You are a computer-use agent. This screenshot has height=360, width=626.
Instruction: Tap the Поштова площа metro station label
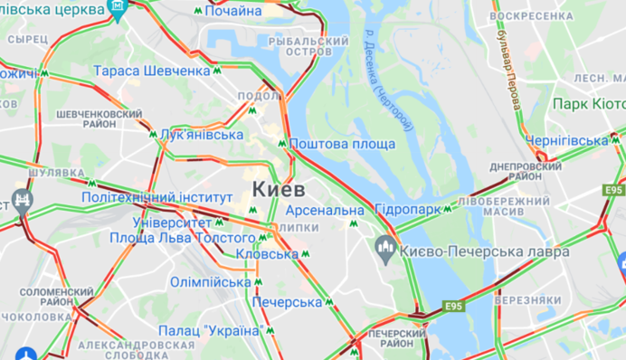[343, 144]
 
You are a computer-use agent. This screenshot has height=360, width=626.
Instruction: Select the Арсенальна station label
[325, 211]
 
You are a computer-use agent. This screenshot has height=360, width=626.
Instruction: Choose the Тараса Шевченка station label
[152, 71]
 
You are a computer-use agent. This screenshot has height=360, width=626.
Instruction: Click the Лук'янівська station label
[201, 135]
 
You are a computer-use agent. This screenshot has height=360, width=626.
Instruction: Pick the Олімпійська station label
[210, 282]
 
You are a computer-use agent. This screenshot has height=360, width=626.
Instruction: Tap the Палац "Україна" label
[210, 330]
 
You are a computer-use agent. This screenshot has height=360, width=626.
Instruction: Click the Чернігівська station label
[568, 140]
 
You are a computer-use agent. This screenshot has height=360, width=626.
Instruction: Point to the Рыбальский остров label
[318, 46]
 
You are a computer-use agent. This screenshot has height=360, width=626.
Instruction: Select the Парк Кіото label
[589, 104]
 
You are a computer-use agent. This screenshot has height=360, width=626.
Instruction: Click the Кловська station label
[266, 254]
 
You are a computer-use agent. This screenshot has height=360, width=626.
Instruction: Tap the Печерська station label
[288, 301]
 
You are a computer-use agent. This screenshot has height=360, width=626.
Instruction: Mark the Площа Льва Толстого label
[182, 238]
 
